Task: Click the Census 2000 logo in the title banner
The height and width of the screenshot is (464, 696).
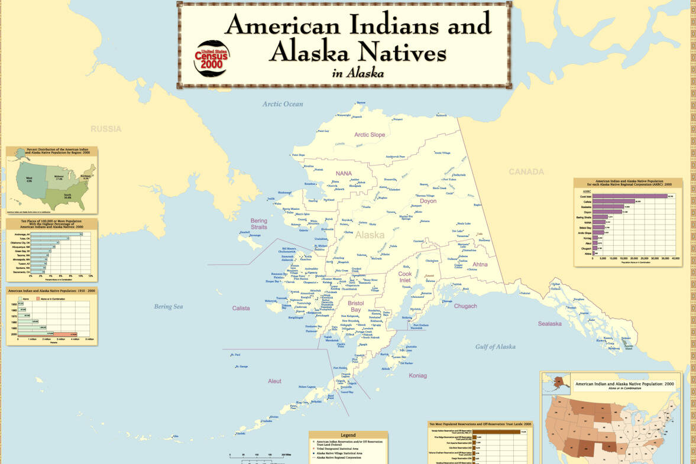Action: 211,58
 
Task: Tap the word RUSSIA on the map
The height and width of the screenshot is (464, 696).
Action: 106,129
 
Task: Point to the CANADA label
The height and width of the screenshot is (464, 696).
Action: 526,172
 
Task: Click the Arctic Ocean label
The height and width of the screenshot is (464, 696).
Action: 283,104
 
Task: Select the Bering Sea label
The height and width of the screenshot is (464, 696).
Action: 169,307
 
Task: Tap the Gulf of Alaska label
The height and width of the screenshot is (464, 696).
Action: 495,347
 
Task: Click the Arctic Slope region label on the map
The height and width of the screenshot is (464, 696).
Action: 370,135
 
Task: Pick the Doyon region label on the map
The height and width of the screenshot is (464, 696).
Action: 428,201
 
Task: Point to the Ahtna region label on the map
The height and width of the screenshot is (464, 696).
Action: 480,264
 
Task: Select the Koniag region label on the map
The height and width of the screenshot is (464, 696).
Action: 417,375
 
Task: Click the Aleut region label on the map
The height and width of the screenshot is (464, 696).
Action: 274,381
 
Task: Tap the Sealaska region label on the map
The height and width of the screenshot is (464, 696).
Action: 549,324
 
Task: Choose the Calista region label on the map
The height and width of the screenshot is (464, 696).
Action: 241,308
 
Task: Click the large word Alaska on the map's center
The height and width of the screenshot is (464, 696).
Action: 370,235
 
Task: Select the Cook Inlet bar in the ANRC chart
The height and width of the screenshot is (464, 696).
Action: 630,196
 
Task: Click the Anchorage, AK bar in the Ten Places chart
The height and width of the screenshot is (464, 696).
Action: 57,234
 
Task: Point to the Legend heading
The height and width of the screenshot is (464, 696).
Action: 348,435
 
